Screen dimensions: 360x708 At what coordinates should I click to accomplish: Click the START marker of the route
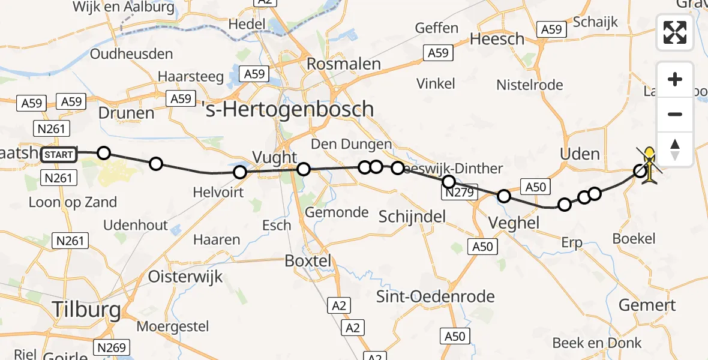pos(59,155)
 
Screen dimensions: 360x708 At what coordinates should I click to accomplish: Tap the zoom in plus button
pos(675,80)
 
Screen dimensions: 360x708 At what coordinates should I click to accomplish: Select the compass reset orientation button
pos(675,149)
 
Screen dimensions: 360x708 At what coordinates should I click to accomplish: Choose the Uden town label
pos(580,154)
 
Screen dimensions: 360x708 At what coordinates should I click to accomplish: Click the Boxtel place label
pos(307,262)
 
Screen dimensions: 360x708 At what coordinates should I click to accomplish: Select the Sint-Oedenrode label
pos(435,296)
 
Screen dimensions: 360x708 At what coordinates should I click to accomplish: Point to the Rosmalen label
pos(344,64)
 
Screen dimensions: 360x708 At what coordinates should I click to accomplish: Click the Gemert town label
pos(647,305)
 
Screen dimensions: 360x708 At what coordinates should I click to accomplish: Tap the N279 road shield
pos(459,193)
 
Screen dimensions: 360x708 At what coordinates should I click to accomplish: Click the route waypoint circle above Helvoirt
pos(240,173)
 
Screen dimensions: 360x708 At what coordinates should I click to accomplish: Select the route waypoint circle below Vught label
pos(304,169)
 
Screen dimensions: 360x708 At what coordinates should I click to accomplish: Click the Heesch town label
pos(497,39)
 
